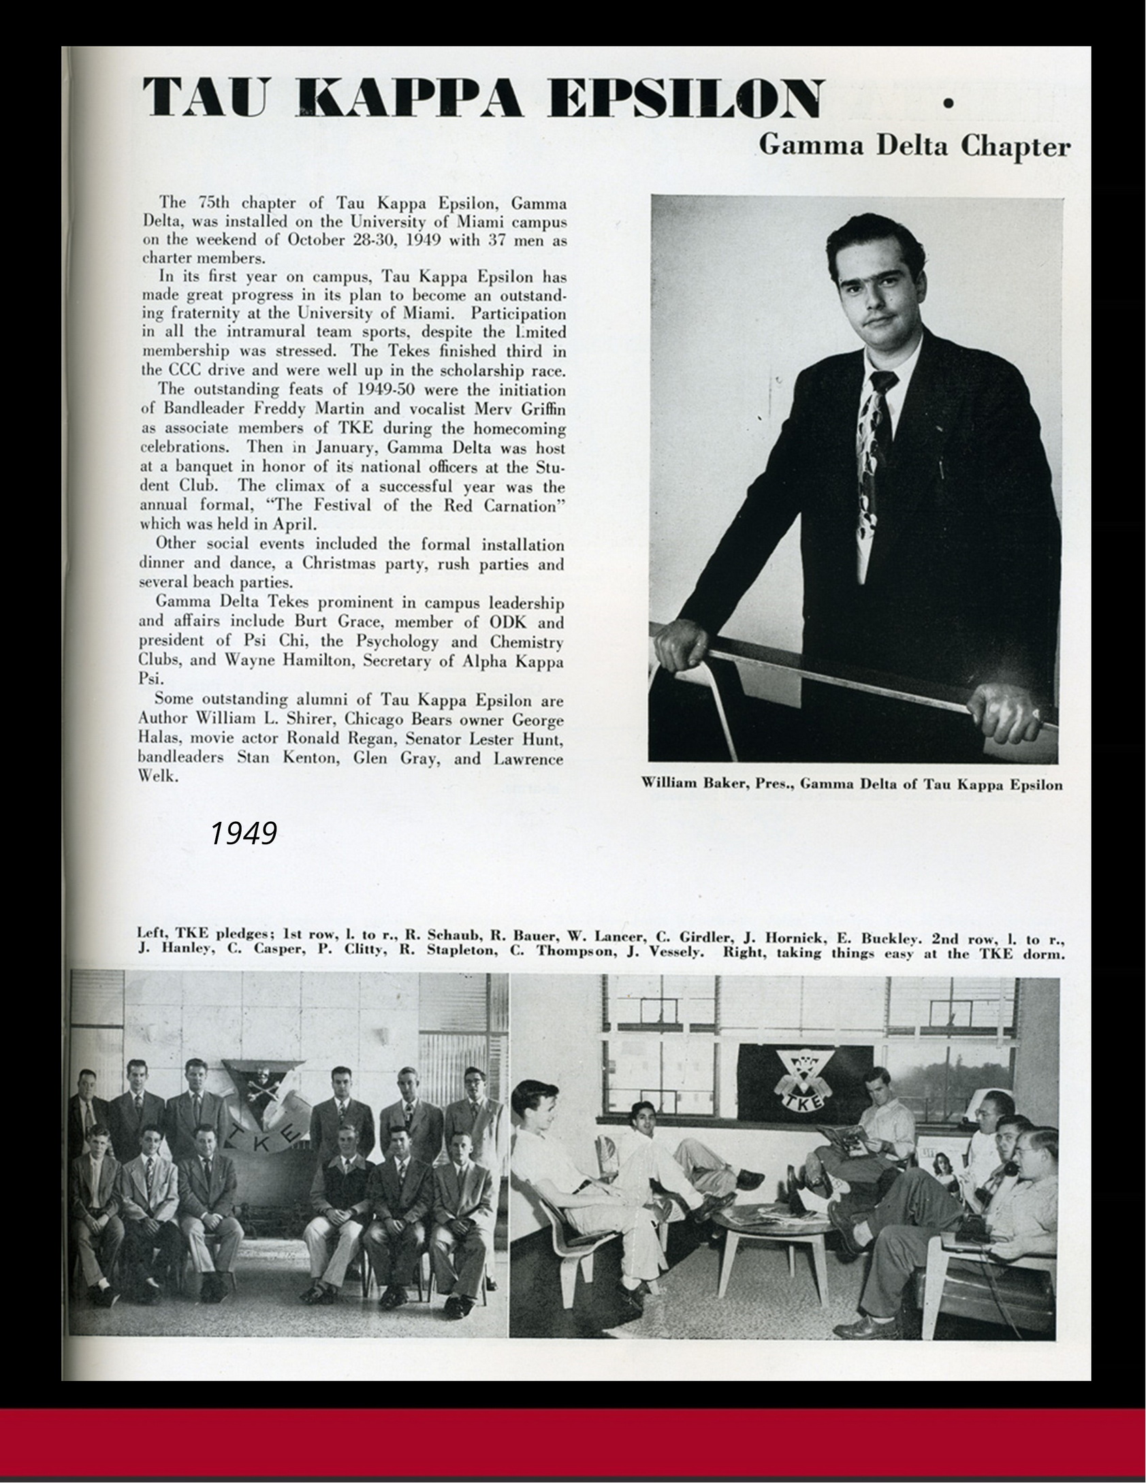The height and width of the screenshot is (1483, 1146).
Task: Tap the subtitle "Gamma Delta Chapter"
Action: [914, 146]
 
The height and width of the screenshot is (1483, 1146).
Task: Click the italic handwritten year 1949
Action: [243, 833]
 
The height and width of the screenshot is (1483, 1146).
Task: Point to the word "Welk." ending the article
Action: [158, 776]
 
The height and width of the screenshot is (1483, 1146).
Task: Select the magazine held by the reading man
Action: [842, 1134]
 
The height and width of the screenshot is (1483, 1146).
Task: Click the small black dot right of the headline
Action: [946, 103]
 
